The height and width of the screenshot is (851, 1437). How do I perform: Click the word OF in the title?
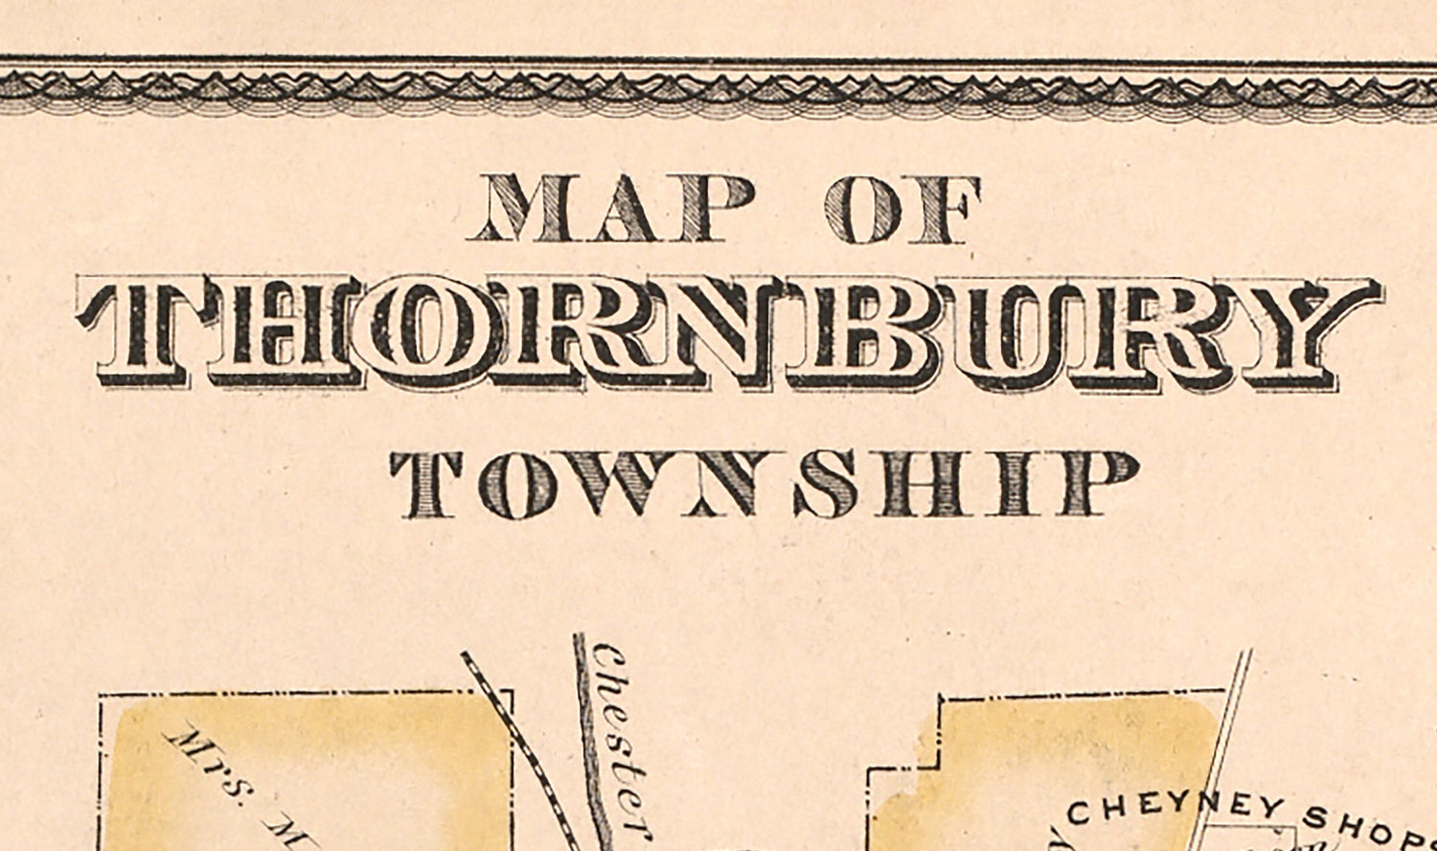[x=902, y=208]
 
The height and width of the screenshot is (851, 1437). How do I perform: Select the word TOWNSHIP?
[x=764, y=484]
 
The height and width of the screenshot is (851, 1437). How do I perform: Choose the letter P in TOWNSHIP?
[x=1102, y=484]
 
